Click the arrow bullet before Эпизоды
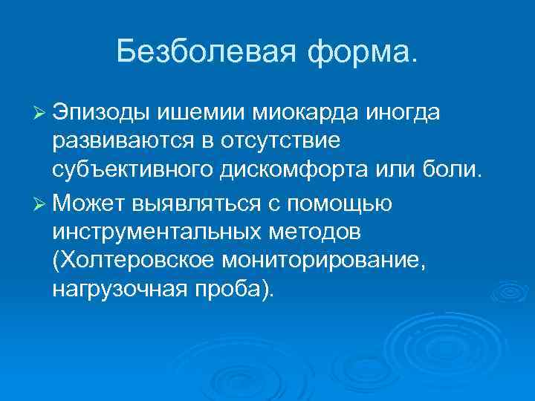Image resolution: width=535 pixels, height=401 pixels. point(42,112)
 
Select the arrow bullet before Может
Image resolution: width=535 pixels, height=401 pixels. point(42,201)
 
